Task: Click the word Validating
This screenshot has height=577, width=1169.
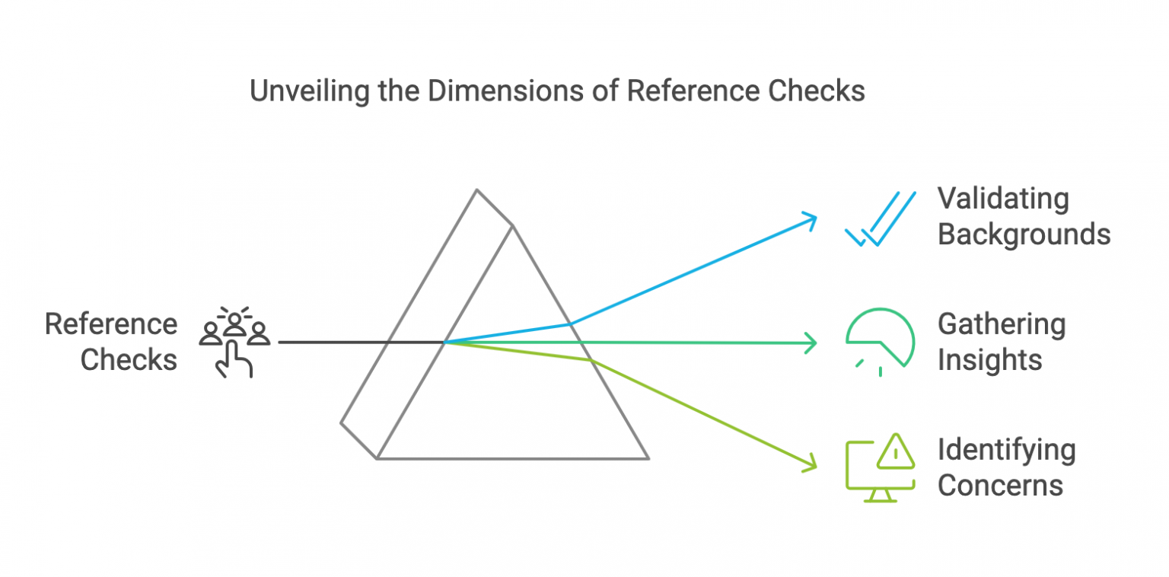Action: pyautogui.click(x=1002, y=199)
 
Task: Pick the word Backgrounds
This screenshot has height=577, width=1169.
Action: pyautogui.click(x=1024, y=234)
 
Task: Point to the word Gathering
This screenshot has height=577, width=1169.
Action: pyautogui.click(x=1001, y=325)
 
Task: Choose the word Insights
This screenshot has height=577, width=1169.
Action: pyautogui.click(x=989, y=359)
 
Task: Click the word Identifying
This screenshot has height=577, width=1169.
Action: pyautogui.click(x=1006, y=451)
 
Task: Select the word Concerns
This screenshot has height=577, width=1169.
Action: pyautogui.click(x=1000, y=485)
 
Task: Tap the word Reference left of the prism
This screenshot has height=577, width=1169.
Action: pyautogui.click(x=111, y=324)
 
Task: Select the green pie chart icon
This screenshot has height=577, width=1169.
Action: pyautogui.click(x=880, y=340)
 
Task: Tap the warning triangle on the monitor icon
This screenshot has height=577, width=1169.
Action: pyautogui.click(x=896, y=452)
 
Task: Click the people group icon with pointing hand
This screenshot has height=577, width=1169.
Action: pyautogui.click(x=234, y=340)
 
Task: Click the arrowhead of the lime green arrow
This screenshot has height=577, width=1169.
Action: pyautogui.click(x=812, y=464)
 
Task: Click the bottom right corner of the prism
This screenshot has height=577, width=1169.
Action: pyautogui.click(x=648, y=458)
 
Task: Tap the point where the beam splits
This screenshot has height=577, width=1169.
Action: pyautogui.click(x=445, y=343)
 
